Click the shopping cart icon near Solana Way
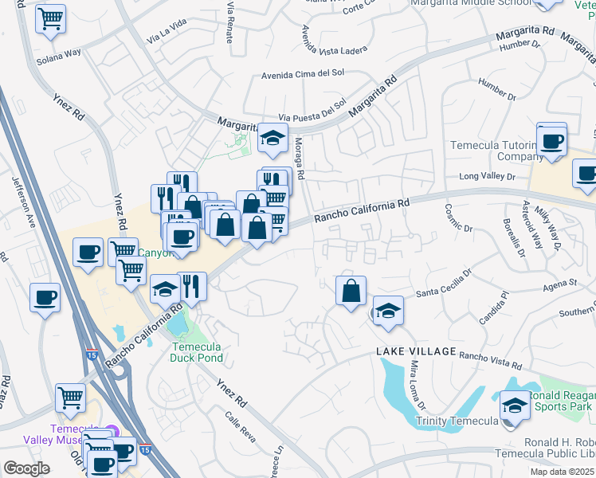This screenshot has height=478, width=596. pos(50,19)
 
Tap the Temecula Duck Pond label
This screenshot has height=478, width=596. pos(196,352)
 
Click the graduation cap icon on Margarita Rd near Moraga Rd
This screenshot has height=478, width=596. pos(273,139)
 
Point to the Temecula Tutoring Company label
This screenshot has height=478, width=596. pos(496,151)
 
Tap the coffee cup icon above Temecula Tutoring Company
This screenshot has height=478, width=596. pos(551,140)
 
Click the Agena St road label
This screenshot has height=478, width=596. pos(560,283)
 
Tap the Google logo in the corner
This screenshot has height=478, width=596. pos(26,468)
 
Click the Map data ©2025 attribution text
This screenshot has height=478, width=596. pos(562,472)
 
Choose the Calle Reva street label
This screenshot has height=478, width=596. pos(238,426)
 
